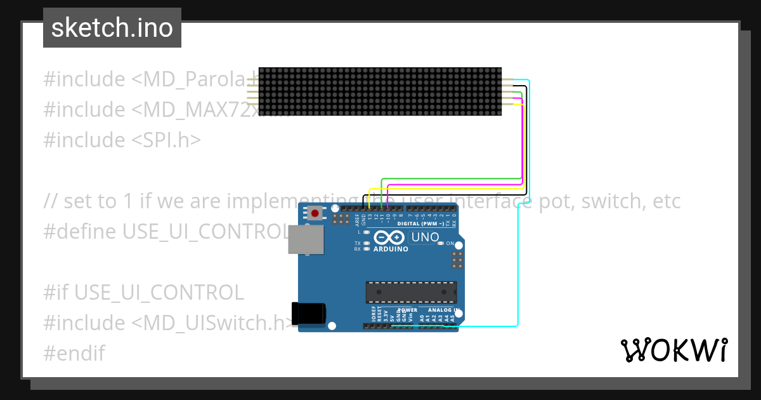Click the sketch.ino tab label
(112, 28)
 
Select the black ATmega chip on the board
(410, 292)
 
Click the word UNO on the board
(426, 237)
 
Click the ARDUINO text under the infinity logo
(391, 249)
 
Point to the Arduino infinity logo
(389, 237)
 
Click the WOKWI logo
(673, 350)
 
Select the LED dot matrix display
(380, 91)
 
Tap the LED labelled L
(366, 232)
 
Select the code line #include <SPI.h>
(122, 140)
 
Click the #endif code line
(74, 353)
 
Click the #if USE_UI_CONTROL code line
(143, 292)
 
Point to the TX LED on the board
(366, 243)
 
